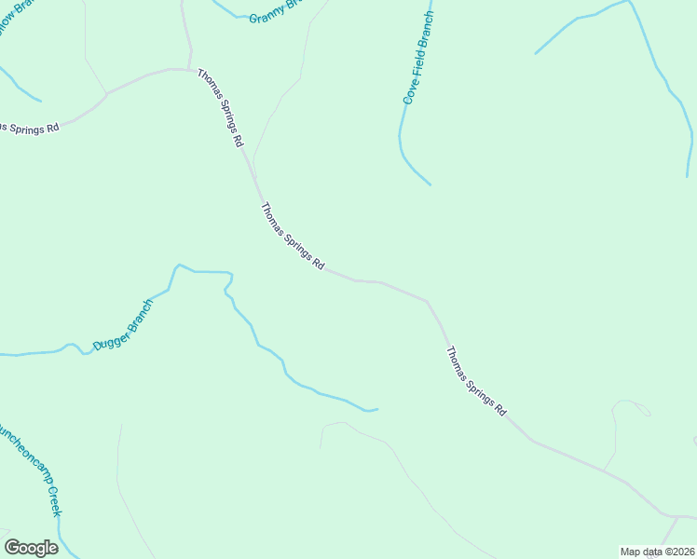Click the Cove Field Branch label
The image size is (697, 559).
coord(418,58)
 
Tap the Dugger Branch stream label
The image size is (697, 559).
coord(122,325)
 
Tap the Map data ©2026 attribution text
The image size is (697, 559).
coord(656,552)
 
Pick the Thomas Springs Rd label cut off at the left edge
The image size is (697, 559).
coord(30,127)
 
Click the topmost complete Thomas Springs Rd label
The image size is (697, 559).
coord(220,108)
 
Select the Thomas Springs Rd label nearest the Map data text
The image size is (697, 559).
coord(475,381)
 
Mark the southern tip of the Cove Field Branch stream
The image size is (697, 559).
coord(430,184)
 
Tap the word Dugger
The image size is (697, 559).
coord(109,336)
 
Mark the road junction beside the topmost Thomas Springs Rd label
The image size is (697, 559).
coord(194,70)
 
